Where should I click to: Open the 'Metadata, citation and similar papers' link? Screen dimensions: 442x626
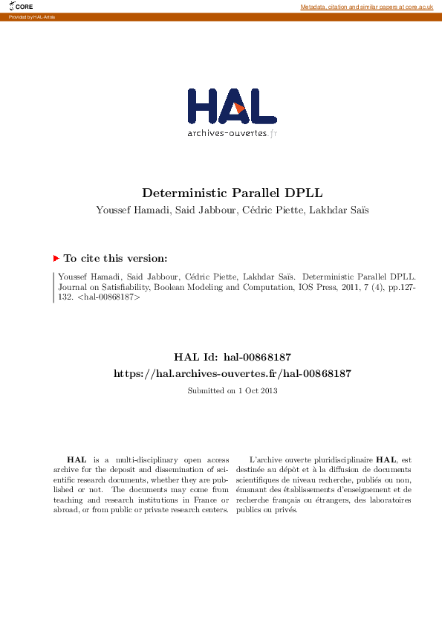pos(366,7)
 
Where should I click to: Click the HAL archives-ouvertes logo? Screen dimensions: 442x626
pos(232,112)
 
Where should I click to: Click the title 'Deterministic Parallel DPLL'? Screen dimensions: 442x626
pos(233,192)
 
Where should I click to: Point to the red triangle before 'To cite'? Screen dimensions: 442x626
pos(56,258)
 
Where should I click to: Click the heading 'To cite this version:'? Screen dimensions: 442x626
pos(115,258)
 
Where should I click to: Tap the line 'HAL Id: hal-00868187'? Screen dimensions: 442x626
pos(232,358)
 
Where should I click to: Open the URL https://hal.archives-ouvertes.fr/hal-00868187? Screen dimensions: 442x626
pos(232,373)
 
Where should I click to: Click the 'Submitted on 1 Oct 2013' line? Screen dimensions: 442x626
pos(232,390)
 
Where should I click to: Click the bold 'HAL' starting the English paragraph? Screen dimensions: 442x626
pos(76,460)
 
